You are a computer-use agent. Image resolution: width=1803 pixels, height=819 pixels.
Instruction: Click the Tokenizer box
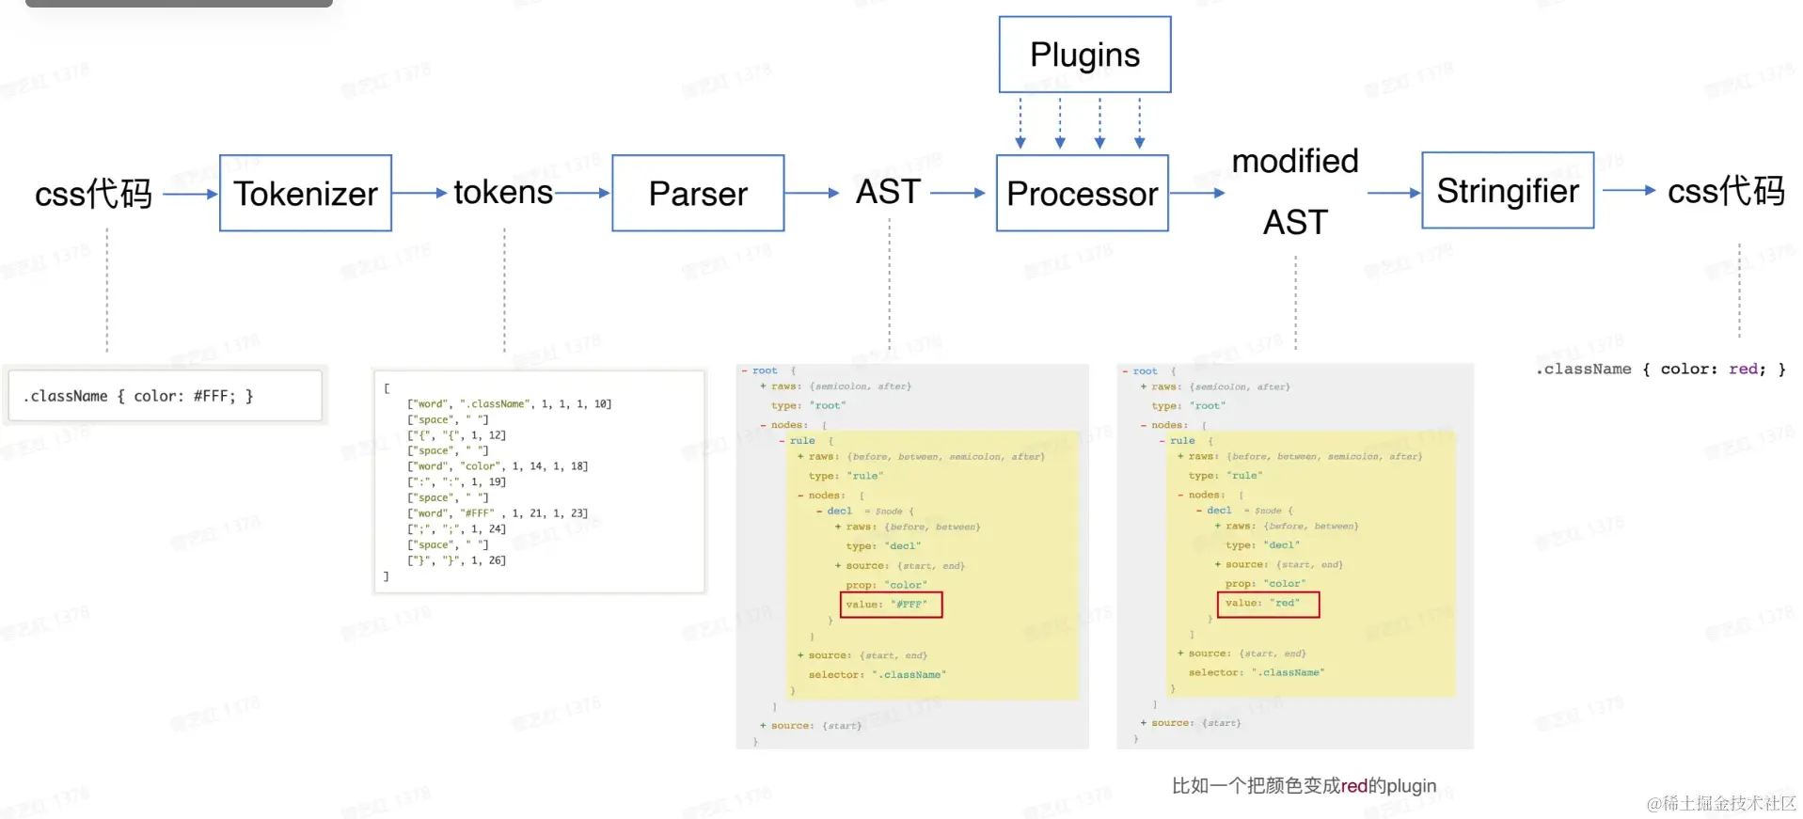point(306,193)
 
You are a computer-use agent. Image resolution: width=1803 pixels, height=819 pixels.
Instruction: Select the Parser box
point(698,193)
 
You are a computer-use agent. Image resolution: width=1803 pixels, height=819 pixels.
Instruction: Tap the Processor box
point(1082,193)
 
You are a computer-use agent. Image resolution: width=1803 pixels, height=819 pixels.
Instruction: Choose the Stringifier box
point(1508,190)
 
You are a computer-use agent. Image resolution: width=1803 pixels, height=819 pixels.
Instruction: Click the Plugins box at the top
point(1084,55)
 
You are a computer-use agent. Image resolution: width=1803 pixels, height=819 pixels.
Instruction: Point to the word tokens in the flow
point(503,192)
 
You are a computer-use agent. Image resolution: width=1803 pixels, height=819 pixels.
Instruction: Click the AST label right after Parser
point(888,192)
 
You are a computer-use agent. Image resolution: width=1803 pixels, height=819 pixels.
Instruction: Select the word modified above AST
point(1295,161)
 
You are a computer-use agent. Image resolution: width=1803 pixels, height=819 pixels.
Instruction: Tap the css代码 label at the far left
point(93,194)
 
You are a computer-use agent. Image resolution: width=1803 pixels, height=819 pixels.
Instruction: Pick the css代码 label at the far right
point(1726,191)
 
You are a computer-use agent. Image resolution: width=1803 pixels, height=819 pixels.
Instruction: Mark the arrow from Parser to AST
point(812,193)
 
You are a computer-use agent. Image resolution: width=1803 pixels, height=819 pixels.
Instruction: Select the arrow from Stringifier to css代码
point(1629,190)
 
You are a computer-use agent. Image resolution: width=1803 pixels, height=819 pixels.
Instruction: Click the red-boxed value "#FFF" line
point(891,605)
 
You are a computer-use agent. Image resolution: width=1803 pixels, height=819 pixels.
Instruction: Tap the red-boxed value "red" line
point(1268,604)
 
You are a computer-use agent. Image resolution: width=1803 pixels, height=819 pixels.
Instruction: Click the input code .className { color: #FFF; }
point(137,396)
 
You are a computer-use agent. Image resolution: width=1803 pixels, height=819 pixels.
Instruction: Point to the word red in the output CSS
point(1742,369)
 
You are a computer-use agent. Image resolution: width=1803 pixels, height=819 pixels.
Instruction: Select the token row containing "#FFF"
point(497,513)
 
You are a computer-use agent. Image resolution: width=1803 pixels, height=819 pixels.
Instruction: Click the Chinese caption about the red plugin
point(1304,785)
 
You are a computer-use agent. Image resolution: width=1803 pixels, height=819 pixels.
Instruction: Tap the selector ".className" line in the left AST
point(877,674)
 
